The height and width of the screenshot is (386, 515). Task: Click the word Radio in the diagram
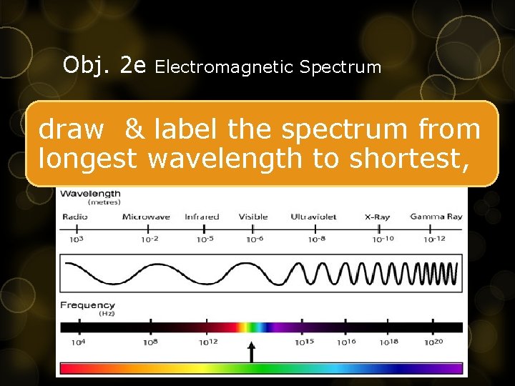(x=75, y=217)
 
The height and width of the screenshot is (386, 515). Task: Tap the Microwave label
(x=146, y=217)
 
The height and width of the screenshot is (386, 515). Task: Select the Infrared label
(x=202, y=217)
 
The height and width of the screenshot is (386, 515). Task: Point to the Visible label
(x=253, y=217)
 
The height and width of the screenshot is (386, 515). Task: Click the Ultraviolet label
(x=313, y=217)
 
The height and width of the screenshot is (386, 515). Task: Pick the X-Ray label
(x=377, y=217)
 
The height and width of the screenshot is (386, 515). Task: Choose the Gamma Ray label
(x=436, y=217)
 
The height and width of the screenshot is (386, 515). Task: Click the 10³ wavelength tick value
(x=76, y=239)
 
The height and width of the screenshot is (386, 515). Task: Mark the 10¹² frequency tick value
(x=207, y=342)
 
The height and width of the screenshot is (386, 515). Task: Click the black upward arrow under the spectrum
(x=251, y=351)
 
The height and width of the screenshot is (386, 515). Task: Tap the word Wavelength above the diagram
(x=90, y=193)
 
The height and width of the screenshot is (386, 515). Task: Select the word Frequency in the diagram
(x=87, y=305)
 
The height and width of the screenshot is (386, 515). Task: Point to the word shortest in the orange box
(x=408, y=159)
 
